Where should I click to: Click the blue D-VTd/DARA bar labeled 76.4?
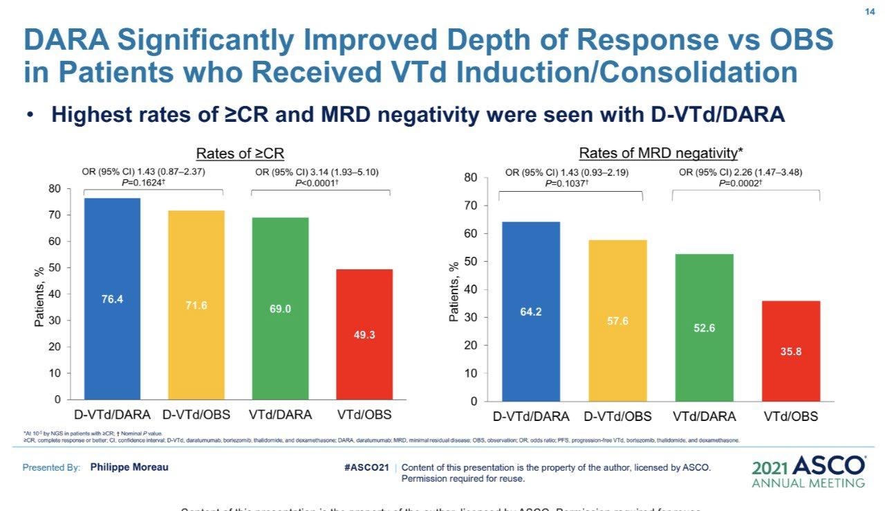coord(112,299)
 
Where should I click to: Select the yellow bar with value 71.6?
coord(196,305)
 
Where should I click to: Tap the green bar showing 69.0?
coord(280,309)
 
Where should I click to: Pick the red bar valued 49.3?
coord(364,334)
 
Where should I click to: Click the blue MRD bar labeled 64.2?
coord(531,312)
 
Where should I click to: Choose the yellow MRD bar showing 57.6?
coord(617,321)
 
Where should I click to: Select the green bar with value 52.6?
coord(705,328)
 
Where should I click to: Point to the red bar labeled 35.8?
coord(791,351)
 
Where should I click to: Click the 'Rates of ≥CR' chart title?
coord(240,153)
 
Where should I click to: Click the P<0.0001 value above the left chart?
coord(317,183)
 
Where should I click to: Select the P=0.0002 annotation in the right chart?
coord(740,183)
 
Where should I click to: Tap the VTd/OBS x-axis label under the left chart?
coord(364,415)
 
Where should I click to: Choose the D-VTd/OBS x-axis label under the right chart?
coord(617,417)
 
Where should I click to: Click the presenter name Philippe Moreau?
coord(129,467)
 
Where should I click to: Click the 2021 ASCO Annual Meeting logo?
coord(808,472)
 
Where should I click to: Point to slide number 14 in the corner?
coord(870,12)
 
